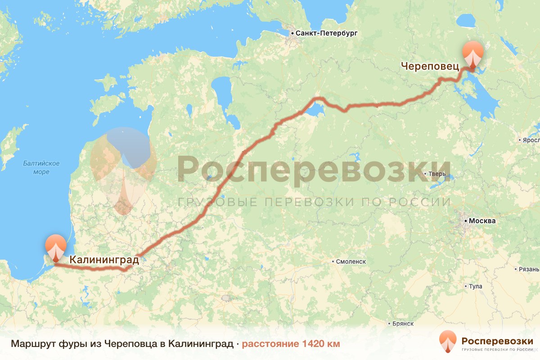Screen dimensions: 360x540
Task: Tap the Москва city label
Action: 482,221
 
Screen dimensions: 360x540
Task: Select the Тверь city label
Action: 437,174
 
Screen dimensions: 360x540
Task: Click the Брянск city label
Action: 403,324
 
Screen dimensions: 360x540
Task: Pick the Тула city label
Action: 475,286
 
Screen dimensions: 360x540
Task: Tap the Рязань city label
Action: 529,269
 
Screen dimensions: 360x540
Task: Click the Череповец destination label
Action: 430,67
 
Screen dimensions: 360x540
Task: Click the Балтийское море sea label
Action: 36,167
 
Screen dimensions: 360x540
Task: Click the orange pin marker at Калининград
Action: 55,247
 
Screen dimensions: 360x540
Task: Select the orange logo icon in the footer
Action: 448,342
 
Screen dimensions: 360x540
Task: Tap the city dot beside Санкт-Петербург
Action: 292,33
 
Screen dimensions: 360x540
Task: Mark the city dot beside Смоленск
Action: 333,261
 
